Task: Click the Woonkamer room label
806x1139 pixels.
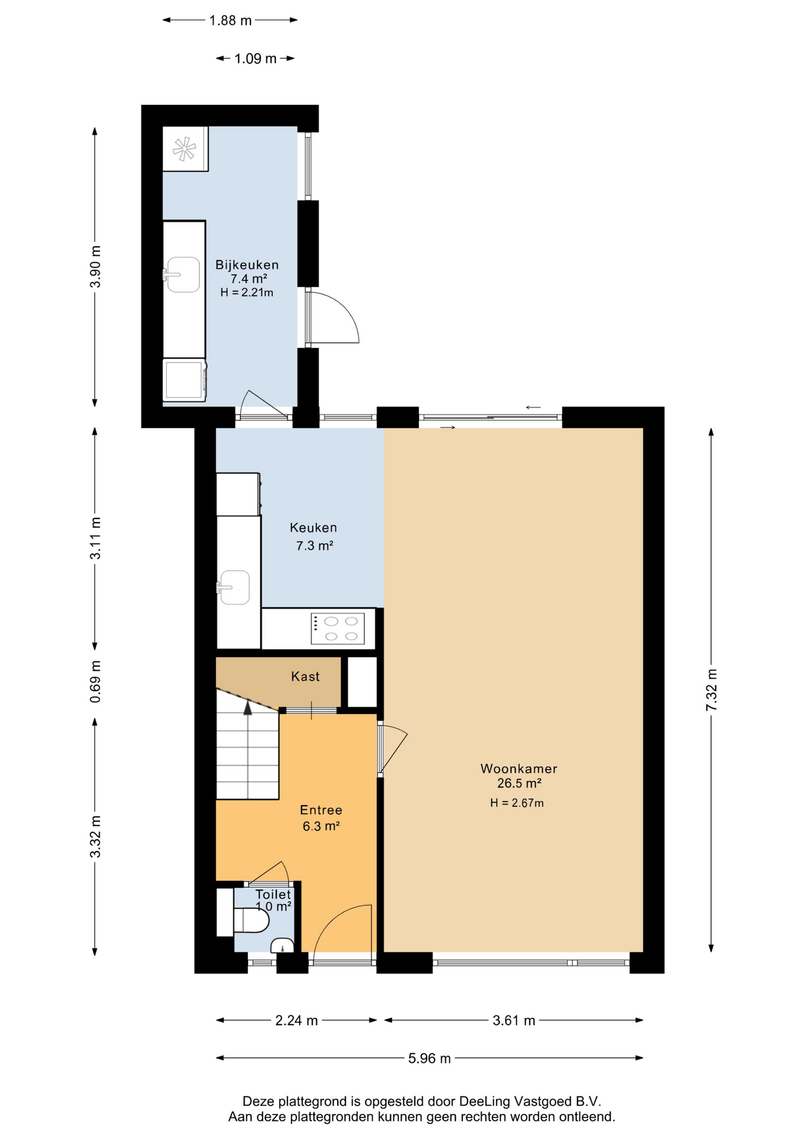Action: click(x=519, y=768)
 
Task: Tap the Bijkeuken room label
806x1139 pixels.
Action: click(x=247, y=265)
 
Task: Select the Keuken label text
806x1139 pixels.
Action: click(x=313, y=527)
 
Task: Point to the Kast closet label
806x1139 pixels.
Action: click(x=305, y=676)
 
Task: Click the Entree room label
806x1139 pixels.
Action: click(x=321, y=810)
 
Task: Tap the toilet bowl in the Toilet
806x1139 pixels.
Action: click(x=252, y=921)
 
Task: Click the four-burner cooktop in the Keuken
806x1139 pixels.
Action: click(x=337, y=629)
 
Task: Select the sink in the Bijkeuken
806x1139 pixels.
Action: click(x=182, y=275)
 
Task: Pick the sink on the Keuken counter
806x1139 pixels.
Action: click(x=233, y=587)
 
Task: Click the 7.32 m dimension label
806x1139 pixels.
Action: click(x=711, y=690)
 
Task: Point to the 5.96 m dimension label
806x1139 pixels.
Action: click(x=429, y=1058)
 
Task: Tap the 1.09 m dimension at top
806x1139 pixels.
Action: click(x=255, y=58)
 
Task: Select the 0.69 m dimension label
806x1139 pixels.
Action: click(x=95, y=682)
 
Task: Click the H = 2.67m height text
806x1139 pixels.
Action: click(x=517, y=803)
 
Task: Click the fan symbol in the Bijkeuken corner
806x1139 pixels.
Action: click(x=185, y=149)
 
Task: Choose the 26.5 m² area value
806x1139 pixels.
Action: click(x=519, y=783)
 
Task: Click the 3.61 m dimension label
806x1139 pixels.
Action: click(x=514, y=1020)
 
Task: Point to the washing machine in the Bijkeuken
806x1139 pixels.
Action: click(x=185, y=380)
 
